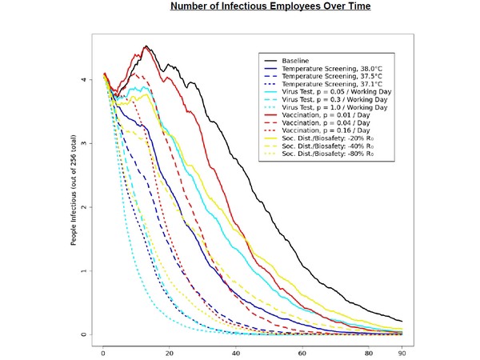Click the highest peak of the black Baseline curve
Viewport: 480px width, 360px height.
click(146, 46)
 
